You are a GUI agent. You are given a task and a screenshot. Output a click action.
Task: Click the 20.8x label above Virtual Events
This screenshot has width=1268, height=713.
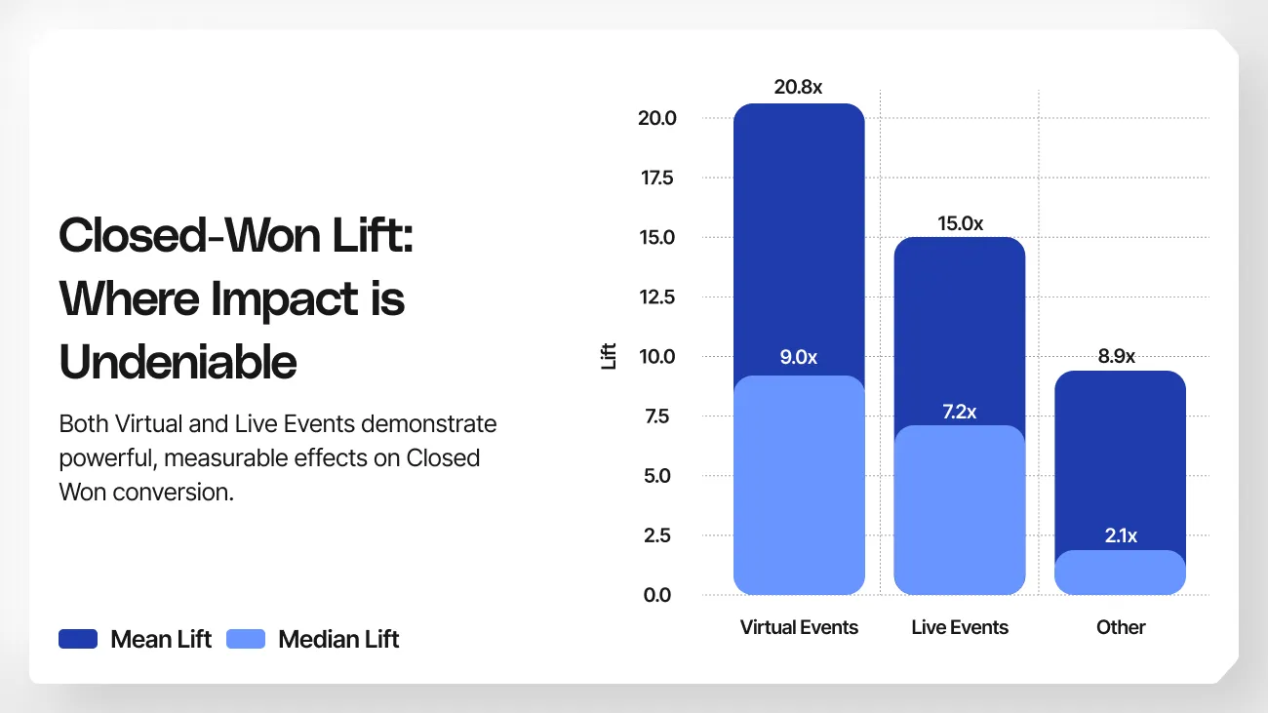798,87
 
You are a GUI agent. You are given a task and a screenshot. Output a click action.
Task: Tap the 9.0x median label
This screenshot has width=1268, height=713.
798,357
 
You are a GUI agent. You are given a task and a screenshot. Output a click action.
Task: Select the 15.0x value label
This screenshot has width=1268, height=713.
960,223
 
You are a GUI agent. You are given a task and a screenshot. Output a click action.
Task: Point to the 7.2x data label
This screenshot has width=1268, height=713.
959,412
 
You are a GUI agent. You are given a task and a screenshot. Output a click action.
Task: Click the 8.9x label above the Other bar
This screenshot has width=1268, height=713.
1117,356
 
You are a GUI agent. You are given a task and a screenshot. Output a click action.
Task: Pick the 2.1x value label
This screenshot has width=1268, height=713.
1119,535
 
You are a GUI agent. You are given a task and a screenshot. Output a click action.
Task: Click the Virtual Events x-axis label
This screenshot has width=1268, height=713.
799,627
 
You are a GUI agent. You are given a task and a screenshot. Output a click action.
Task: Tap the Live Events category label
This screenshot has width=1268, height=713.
960,627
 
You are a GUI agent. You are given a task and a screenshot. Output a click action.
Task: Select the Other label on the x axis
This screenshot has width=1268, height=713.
1121,627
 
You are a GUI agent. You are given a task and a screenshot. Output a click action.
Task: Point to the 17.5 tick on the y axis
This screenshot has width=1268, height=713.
656,178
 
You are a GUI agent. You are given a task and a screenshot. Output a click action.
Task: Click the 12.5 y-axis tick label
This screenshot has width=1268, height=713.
656,297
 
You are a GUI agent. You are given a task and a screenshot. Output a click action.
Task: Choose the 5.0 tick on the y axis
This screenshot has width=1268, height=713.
658,476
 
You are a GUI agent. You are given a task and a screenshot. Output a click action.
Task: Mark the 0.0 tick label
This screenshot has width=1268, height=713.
658,595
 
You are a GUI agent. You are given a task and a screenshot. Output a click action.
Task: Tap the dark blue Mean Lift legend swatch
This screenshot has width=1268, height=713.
78,640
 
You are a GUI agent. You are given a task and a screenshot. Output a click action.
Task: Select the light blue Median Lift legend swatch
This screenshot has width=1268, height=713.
246,640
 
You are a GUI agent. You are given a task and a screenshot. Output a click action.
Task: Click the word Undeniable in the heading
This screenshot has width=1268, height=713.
178,362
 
